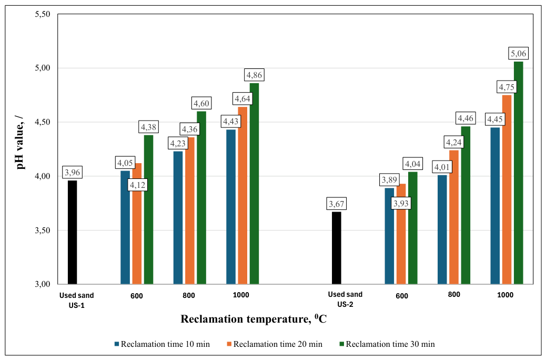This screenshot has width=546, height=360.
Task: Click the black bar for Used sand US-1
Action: click(72, 232)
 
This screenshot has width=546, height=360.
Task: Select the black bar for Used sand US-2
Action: click(336, 248)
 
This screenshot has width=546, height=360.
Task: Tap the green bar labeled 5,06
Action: click(519, 173)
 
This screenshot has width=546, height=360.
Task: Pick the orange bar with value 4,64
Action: click(242, 195)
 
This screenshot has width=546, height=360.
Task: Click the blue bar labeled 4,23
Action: click(178, 217)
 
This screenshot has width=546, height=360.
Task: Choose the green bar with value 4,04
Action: click(412, 228)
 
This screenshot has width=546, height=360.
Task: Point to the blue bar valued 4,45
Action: click(495, 206)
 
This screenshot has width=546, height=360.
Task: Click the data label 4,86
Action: click(254, 75)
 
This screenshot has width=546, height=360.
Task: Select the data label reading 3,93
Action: click(401, 203)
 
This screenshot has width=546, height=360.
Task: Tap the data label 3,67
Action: click(336, 204)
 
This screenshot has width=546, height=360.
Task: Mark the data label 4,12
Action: click(137, 185)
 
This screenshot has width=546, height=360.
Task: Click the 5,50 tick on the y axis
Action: click(43, 14)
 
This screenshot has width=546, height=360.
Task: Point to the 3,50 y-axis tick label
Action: click(43, 231)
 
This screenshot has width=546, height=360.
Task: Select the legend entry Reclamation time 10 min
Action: click(162, 344)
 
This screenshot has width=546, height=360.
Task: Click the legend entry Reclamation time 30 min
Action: click(387, 344)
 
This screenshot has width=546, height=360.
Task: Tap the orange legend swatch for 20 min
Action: click(229, 344)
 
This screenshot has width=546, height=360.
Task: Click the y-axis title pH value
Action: click(21, 141)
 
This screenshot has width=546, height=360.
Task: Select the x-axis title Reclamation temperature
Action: click(253, 318)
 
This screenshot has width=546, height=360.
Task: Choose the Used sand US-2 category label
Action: click(345, 299)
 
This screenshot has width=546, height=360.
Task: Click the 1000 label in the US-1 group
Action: click(241, 295)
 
